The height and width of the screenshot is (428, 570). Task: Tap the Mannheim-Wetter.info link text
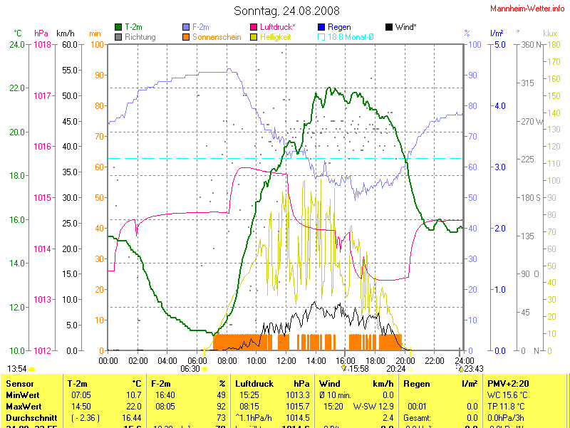click(528, 8)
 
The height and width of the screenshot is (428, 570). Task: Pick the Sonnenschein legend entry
click(217, 36)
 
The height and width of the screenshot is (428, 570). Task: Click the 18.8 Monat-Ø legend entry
click(350, 36)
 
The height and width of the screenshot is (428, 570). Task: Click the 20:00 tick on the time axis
click(404, 360)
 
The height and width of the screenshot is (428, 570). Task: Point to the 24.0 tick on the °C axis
click(18, 44)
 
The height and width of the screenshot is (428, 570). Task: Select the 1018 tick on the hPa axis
click(43, 44)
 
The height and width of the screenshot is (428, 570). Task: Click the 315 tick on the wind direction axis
click(528, 83)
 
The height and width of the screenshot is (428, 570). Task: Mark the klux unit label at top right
click(549, 33)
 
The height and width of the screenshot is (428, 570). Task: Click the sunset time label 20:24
click(396, 369)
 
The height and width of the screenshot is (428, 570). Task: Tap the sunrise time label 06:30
click(190, 369)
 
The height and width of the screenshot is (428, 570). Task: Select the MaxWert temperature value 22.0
click(133, 405)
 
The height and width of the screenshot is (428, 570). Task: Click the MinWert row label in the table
click(23, 395)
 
